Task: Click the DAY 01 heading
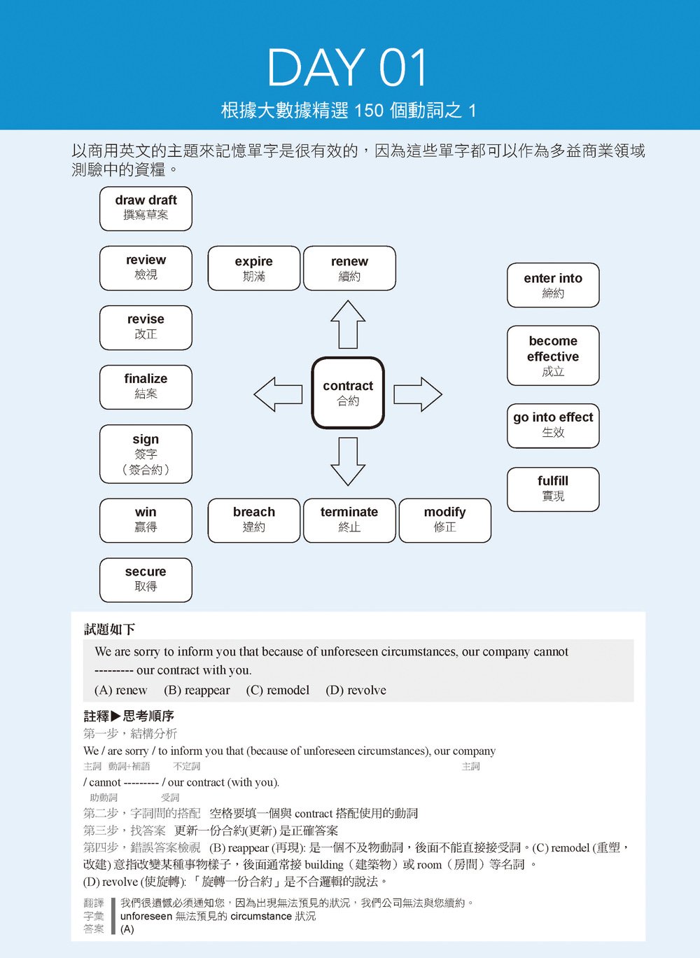pos(347,68)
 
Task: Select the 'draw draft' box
pos(146,208)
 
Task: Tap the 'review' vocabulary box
pos(146,268)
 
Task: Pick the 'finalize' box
pos(146,387)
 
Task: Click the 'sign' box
pos(146,454)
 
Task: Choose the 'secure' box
pos(146,579)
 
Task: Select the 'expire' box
pos(254,268)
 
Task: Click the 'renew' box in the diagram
pos(349,268)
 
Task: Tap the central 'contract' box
pos(348,393)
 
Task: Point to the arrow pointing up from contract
pos(348,324)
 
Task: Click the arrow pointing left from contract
pos(278,394)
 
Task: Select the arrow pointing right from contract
pos(418,394)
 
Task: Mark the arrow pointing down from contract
pos(348,461)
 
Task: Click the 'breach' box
pos(254,520)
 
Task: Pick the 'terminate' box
pos(349,520)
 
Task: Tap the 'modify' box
pos(444,520)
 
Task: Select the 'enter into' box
pos(553,285)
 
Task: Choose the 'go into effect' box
pos(553,425)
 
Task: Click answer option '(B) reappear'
pos(197,690)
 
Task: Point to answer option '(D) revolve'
pos(356,690)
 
